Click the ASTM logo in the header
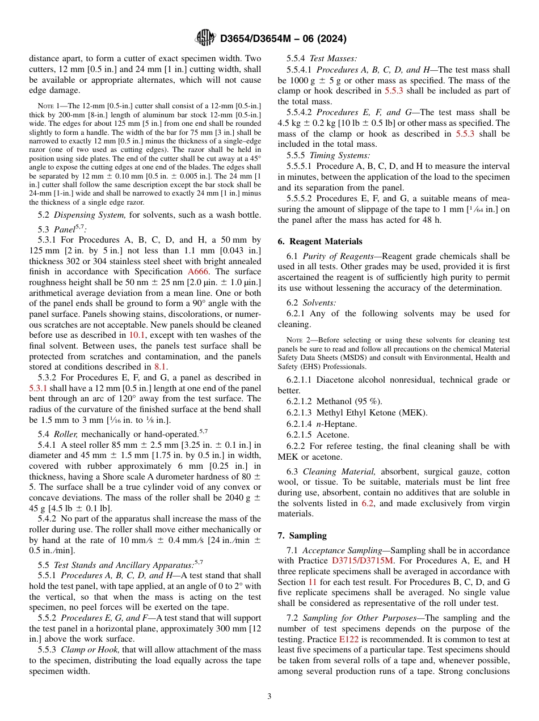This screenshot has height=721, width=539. click(x=205, y=38)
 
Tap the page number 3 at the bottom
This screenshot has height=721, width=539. click(x=269, y=696)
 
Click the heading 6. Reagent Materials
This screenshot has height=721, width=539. click(x=320, y=241)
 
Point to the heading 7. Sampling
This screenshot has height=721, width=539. click(x=302, y=535)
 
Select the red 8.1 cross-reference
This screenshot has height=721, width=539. click(x=161, y=367)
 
